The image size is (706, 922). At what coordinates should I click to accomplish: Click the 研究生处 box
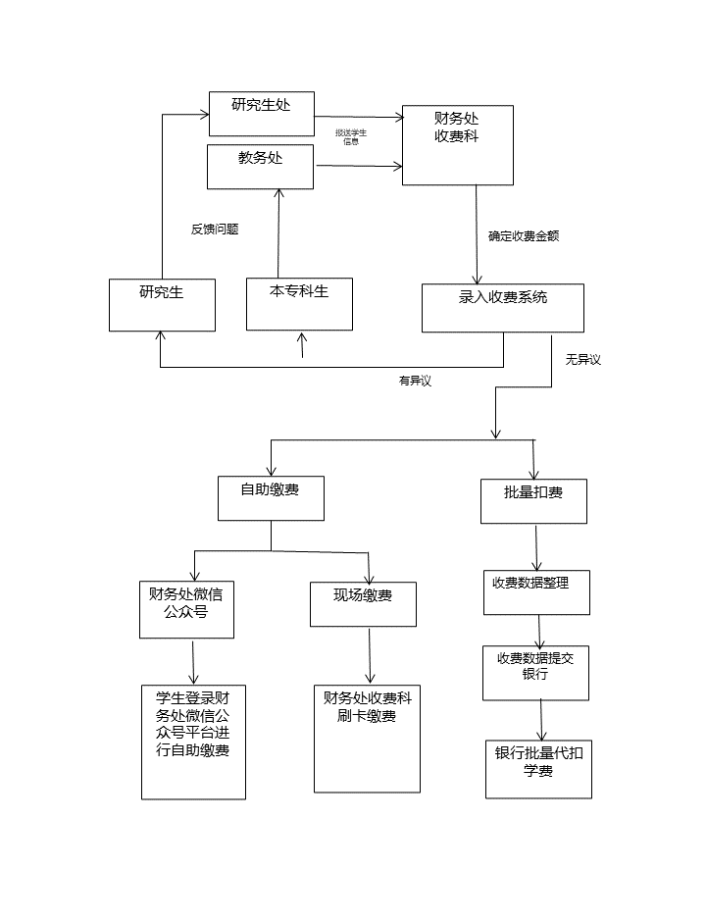click(261, 114)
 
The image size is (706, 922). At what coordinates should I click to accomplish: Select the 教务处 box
click(260, 166)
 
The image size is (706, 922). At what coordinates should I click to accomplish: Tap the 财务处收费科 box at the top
click(457, 144)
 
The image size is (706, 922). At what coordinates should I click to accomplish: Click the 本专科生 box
click(299, 303)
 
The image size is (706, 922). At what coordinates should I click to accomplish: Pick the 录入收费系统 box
click(503, 308)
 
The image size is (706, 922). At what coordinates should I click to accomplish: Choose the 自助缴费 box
click(270, 498)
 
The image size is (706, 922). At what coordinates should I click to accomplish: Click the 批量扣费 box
click(533, 500)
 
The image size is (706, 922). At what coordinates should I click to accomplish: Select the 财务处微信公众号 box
click(186, 609)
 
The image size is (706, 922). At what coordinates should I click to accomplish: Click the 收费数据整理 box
click(536, 591)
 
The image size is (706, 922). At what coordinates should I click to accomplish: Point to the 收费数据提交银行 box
click(535, 672)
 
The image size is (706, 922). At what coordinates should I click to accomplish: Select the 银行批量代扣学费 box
click(538, 770)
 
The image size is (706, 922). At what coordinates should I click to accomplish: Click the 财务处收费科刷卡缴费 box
click(367, 738)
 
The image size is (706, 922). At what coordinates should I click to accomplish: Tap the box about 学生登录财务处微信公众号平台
click(193, 742)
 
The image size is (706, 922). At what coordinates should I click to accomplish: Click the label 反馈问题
click(215, 230)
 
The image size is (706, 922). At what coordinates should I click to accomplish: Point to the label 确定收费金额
click(524, 236)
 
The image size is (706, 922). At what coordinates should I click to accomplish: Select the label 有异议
click(415, 382)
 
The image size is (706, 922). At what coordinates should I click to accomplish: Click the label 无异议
click(582, 360)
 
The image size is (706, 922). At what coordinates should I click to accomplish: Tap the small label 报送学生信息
click(350, 136)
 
